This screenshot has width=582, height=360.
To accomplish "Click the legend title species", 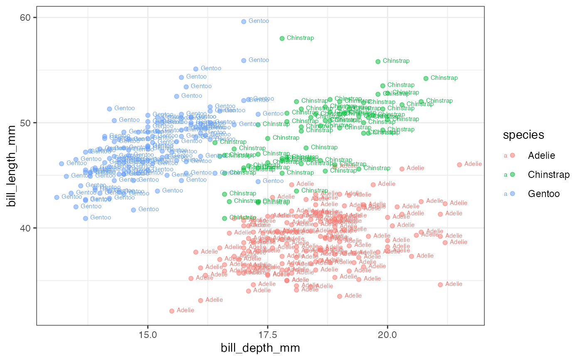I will tap(523, 135).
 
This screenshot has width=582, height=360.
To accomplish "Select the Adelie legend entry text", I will tap(541, 155).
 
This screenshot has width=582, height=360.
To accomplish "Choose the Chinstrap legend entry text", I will tap(549, 175).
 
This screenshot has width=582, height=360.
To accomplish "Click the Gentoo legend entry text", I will tap(544, 194).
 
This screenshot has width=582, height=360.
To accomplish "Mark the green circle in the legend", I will tap(513, 175).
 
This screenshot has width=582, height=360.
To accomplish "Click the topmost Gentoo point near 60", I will tap(244, 21).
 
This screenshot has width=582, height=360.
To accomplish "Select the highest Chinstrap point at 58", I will tap(282, 38).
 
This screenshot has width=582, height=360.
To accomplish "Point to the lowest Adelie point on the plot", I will tap(172, 311).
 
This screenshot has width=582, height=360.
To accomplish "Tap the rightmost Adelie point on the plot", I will tap(459, 165).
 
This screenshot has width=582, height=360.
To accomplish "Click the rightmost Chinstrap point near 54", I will tap(426, 78).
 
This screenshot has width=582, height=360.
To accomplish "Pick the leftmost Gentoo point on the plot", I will tap(57, 197).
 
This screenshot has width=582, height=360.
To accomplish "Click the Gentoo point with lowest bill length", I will tap(85, 218).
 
